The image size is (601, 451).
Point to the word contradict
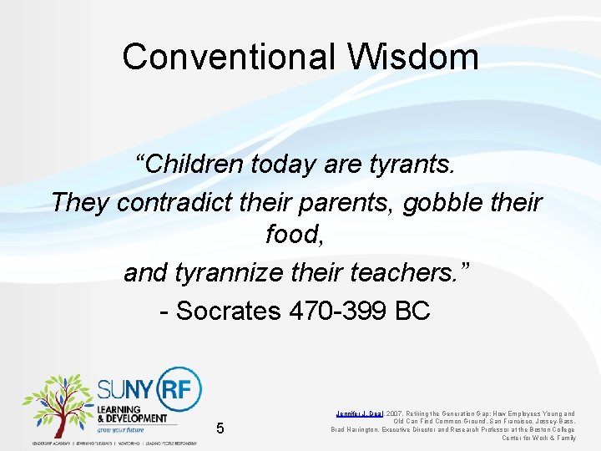(174, 201)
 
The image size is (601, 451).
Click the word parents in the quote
(344, 201)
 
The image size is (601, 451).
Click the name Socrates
(228, 311)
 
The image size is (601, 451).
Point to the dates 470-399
(338, 311)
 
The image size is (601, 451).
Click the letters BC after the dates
(412, 311)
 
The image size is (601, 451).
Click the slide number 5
(220, 428)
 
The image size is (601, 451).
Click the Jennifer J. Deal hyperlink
(360, 413)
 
